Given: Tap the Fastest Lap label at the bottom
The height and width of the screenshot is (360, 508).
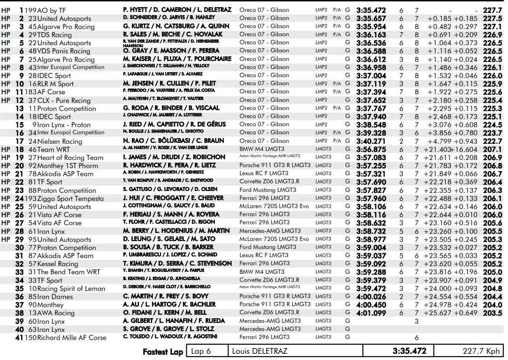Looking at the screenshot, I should pos(163,351).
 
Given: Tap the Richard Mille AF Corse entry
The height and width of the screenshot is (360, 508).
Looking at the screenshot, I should pos(70,338).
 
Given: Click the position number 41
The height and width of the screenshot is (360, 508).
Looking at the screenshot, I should pos(19,338).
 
